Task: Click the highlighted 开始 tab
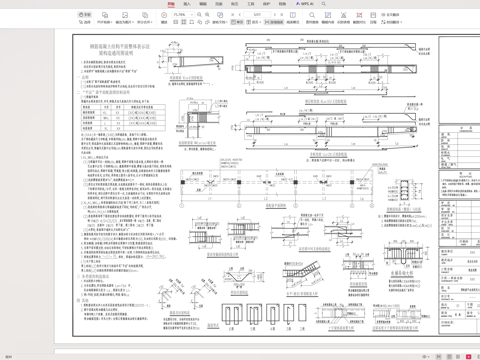click(x=171, y=4)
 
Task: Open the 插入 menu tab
click(x=187, y=4)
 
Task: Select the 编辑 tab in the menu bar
click(x=203, y=4)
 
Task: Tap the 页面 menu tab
click(x=219, y=4)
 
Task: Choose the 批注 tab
click(x=235, y=4)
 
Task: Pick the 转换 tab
click(x=283, y=4)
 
